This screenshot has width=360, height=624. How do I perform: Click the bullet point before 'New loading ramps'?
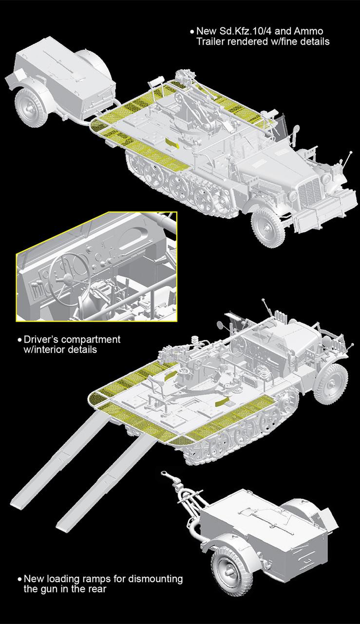coord(19,580)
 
